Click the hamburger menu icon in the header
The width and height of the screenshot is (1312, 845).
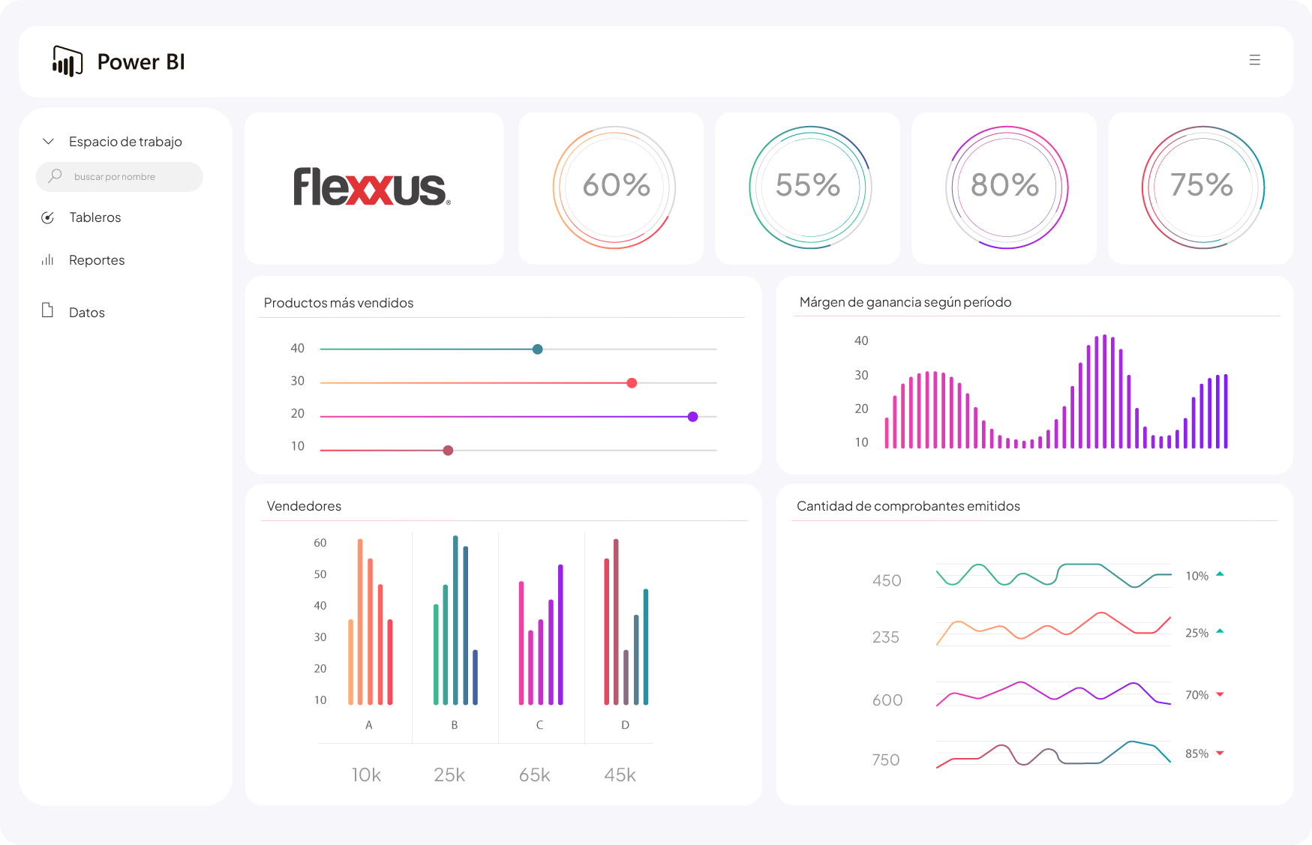(1254, 60)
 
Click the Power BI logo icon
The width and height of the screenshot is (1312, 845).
(67, 61)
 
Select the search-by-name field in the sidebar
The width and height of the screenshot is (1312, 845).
(119, 177)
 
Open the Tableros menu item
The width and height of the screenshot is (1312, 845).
(95, 217)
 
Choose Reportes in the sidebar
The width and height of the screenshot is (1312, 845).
(97, 260)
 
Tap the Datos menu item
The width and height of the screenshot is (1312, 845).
(87, 313)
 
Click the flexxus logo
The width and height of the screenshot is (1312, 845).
(371, 187)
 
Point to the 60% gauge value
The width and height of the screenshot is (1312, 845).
(616, 185)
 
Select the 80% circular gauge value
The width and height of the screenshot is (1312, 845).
(1004, 185)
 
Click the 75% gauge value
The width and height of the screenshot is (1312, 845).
(1202, 185)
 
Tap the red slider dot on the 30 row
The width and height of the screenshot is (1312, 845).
(632, 383)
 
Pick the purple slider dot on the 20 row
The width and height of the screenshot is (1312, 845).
(692, 417)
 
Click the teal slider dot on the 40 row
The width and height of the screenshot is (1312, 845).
(537, 349)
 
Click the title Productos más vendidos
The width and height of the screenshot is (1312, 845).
(338, 303)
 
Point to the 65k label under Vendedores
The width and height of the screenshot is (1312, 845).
(534, 775)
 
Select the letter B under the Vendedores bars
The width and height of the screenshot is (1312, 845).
(454, 725)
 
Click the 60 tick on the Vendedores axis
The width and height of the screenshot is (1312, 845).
(320, 543)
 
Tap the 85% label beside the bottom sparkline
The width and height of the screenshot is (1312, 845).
(1196, 754)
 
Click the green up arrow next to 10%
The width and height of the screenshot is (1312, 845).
(1220, 574)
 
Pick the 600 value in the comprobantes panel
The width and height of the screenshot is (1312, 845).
(887, 700)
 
